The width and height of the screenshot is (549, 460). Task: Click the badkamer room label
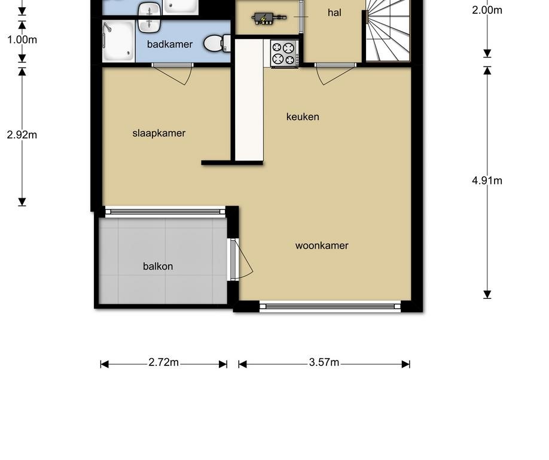(170, 44)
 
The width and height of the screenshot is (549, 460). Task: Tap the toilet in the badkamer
(217, 43)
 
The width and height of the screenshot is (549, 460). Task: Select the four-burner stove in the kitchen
(285, 53)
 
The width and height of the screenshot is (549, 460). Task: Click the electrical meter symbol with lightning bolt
(263, 19)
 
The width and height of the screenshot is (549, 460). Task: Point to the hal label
(335, 13)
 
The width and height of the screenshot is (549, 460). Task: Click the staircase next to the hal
(388, 30)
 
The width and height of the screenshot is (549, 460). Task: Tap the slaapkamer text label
(159, 133)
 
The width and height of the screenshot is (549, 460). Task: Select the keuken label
(303, 117)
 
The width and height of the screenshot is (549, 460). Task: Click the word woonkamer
(322, 246)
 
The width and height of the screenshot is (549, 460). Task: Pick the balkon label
(158, 267)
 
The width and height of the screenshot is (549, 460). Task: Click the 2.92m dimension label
(22, 135)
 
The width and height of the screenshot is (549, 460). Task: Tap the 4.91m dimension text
(487, 180)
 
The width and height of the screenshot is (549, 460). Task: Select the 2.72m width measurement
(164, 363)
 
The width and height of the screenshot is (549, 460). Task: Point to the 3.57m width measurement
(324, 363)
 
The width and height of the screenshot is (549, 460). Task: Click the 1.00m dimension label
(22, 40)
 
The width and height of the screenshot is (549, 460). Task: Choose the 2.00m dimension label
(487, 10)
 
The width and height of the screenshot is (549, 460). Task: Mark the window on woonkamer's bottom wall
(330, 307)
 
